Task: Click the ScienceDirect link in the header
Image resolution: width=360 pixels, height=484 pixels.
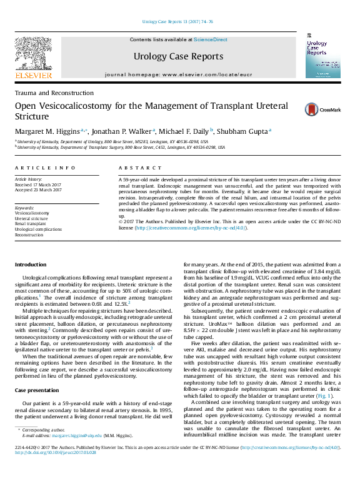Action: (211, 39)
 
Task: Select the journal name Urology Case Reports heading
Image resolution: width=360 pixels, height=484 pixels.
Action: (178, 56)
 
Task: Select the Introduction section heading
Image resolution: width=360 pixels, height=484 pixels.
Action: (31, 265)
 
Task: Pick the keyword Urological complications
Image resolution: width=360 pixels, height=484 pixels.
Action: (38, 229)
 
